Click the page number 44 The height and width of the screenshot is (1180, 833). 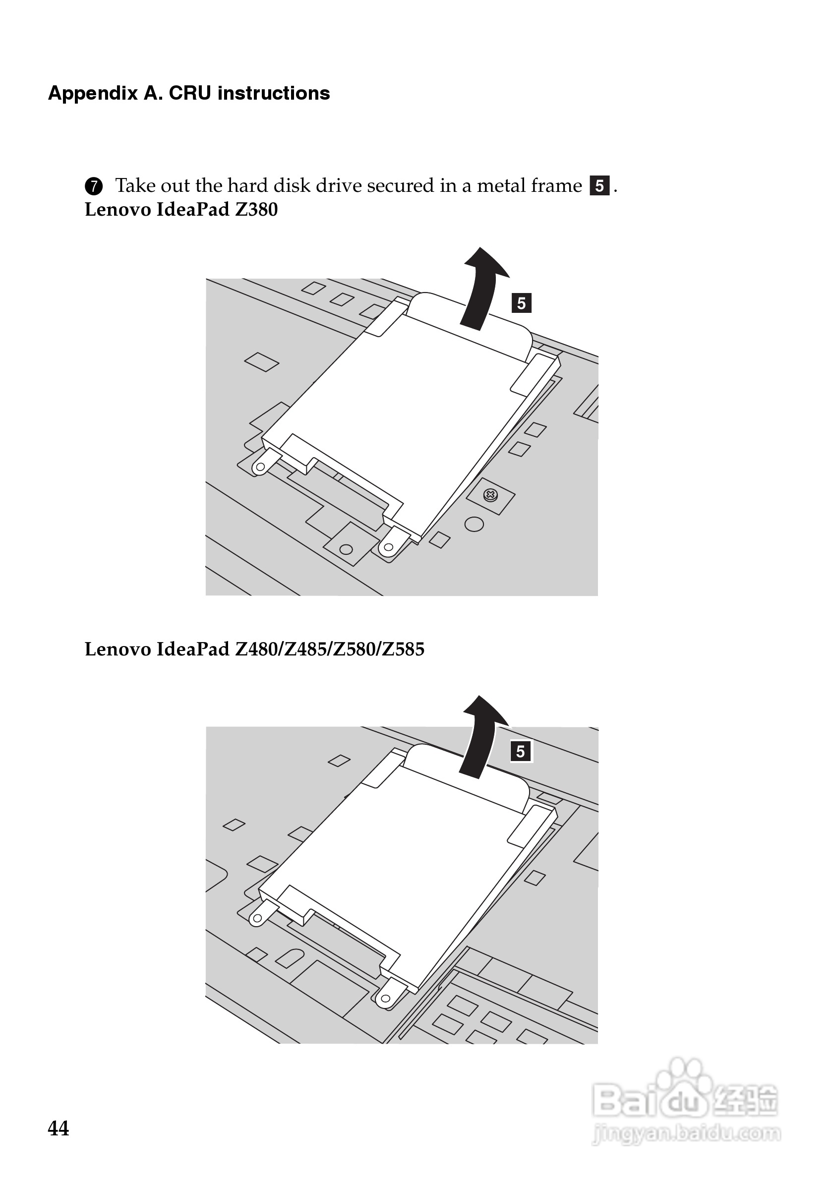pyautogui.click(x=58, y=1128)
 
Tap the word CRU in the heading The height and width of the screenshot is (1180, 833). pyautogui.click(x=189, y=93)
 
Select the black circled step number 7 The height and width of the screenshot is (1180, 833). pyautogui.click(x=94, y=186)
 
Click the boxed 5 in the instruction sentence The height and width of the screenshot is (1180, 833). pyautogui.click(x=599, y=185)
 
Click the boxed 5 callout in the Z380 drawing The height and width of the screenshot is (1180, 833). pyautogui.click(x=521, y=303)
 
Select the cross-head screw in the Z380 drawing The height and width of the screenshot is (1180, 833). pyautogui.click(x=490, y=495)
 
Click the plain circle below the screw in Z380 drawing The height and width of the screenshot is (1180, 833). pyautogui.click(x=474, y=524)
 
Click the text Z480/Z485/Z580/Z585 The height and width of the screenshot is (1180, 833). pyautogui.click(x=329, y=649)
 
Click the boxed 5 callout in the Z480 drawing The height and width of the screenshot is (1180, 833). pyautogui.click(x=521, y=751)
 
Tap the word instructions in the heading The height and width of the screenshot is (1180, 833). pyautogui.click(x=273, y=93)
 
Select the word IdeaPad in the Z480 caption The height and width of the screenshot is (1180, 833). pyautogui.click(x=193, y=649)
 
